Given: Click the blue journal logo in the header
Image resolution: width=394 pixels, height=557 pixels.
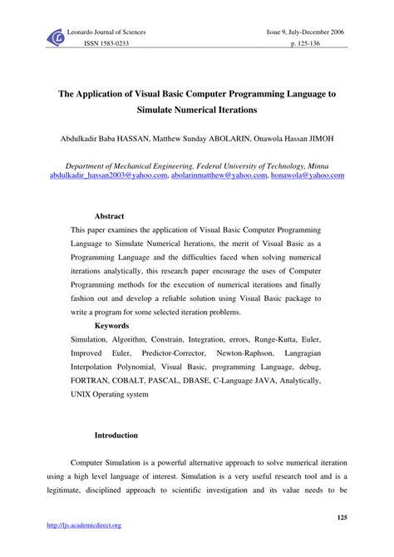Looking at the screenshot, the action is click(x=57, y=37).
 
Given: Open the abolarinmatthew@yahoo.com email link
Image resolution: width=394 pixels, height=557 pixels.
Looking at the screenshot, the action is click(x=220, y=176).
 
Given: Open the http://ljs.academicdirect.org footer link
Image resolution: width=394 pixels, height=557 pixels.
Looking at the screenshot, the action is click(x=85, y=525).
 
